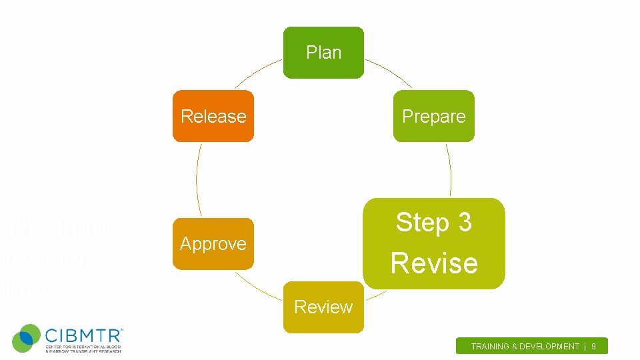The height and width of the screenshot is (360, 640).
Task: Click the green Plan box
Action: click(323, 53)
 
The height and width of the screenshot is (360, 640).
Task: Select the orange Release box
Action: click(213, 116)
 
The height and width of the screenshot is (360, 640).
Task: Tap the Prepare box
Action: click(433, 116)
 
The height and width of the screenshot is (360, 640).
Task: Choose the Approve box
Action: click(213, 244)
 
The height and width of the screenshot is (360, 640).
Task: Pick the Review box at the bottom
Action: click(323, 307)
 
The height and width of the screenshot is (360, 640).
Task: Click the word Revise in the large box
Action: click(434, 263)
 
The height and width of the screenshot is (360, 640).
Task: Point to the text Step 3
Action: click(433, 223)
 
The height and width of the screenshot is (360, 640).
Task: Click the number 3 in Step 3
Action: click(465, 223)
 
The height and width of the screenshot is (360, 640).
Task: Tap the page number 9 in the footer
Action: click(593, 347)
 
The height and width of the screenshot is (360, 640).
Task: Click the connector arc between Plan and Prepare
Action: click(389, 71)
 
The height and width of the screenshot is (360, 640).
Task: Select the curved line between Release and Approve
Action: click(197, 180)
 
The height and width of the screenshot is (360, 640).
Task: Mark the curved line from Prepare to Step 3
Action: click(450, 170)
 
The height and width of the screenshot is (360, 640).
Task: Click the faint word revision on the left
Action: click(48, 258)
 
